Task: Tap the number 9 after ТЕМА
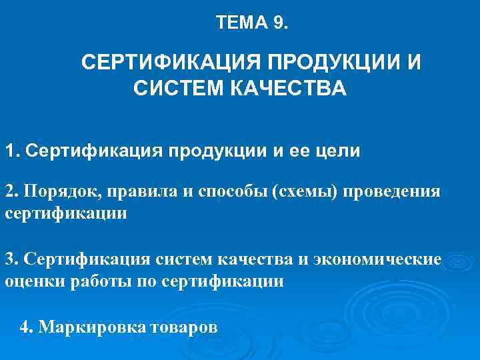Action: (277, 23)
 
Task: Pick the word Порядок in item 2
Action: (53, 192)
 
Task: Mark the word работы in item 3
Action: (91, 281)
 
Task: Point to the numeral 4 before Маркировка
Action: (25, 327)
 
